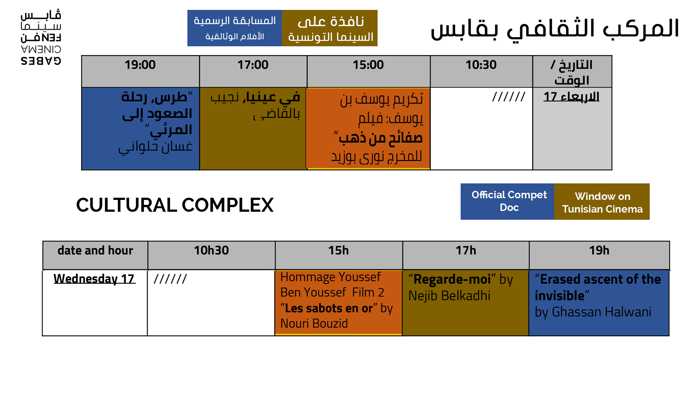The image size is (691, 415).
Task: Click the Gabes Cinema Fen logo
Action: pyautogui.click(x=41, y=37)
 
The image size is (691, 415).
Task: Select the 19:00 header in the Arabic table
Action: pyautogui.click(x=140, y=65)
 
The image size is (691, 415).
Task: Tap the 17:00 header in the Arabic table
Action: pyautogui.click(x=253, y=65)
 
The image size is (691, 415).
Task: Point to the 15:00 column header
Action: pyautogui.click(x=368, y=65)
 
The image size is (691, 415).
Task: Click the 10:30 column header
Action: pyautogui.click(x=481, y=65)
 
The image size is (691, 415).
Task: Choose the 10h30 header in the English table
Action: pyautogui.click(x=211, y=251)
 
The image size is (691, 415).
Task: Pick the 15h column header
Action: pyautogui.click(x=338, y=251)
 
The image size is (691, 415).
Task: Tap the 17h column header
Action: pyautogui.click(x=466, y=251)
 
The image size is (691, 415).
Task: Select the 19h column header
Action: pyautogui.click(x=599, y=251)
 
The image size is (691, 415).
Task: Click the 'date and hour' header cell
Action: pyautogui.click(x=95, y=251)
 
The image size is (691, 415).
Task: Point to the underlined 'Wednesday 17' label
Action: pyautogui.click(x=94, y=279)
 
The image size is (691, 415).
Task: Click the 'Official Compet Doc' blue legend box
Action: pyautogui.click(x=507, y=202)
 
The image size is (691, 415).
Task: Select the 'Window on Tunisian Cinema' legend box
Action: pyautogui.click(x=602, y=202)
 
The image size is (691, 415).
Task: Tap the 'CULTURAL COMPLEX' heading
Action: pyautogui.click(x=175, y=205)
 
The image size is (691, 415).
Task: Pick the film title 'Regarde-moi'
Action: pyautogui.click(x=452, y=279)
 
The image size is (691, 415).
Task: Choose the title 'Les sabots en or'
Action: pyautogui.click(x=329, y=308)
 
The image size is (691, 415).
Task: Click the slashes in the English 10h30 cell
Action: pyautogui.click(x=170, y=279)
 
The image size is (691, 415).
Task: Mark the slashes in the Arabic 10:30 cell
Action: pyautogui.click(x=508, y=97)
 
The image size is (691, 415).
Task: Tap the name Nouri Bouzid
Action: pyautogui.click(x=314, y=323)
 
